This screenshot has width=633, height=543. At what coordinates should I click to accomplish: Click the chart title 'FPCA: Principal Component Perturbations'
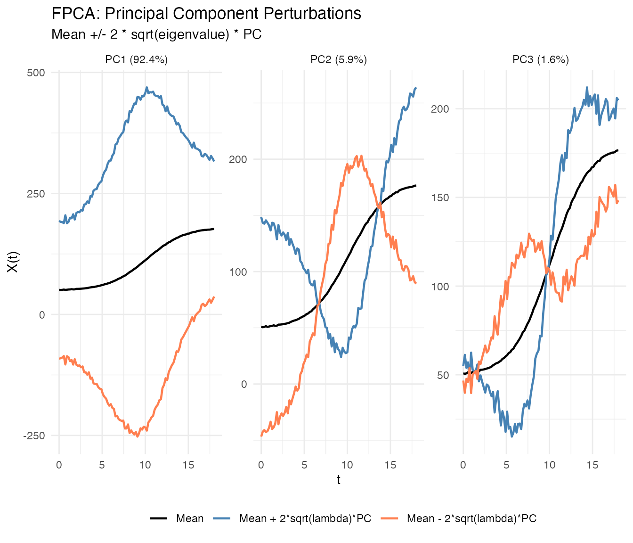(206, 14)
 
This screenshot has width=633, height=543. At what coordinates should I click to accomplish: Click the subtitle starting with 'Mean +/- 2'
(156, 34)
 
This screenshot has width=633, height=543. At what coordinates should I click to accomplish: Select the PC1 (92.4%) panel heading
(137, 60)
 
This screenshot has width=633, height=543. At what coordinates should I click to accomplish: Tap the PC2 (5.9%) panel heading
(339, 60)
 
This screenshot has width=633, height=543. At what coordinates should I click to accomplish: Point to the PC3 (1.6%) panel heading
(541, 60)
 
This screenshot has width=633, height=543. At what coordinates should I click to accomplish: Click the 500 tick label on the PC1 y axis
(36, 73)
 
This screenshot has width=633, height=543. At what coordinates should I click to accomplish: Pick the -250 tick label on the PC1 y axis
(34, 436)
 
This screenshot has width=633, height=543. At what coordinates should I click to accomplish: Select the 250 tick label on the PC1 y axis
(36, 194)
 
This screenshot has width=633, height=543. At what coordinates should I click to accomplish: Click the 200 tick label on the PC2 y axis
(238, 159)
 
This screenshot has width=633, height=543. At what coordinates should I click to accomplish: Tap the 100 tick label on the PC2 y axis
(238, 272)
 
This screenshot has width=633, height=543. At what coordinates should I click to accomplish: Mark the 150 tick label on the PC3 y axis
(440, 197)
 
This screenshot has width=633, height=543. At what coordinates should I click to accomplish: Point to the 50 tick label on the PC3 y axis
(443, 375)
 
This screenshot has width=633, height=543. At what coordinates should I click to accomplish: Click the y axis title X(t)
(13, 262)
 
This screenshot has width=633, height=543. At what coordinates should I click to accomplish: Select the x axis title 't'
(339, 480)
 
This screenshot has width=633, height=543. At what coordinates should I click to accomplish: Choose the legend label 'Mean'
(190, 519)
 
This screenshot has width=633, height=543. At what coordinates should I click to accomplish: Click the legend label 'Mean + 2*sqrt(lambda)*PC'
(305, 519)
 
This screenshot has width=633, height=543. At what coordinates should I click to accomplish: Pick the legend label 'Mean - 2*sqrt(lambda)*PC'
(471, 519)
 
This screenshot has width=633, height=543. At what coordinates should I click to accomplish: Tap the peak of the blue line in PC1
(146, 88)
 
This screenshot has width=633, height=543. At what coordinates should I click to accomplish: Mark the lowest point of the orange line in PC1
(138, 436)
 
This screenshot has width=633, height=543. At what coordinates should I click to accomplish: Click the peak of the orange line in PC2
(361, 156)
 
